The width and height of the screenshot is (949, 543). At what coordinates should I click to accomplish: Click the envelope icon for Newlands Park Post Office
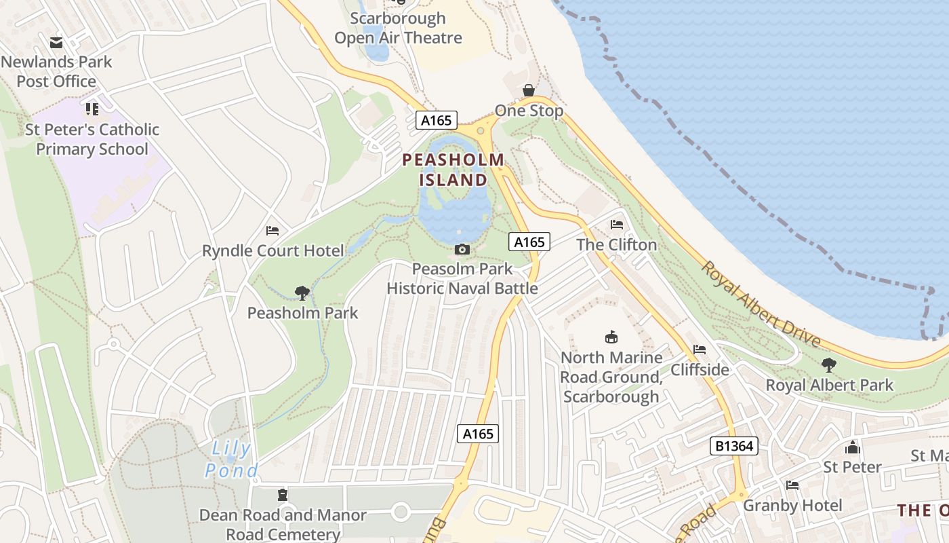56,43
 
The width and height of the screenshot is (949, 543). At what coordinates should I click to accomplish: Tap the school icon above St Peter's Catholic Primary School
92,109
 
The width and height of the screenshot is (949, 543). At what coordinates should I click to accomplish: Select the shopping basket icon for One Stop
529,90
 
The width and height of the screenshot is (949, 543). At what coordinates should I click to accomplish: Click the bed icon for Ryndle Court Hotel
272,231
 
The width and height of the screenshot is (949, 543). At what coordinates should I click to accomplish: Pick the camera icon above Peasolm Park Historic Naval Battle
462,249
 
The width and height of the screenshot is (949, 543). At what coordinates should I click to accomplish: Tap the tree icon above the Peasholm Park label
302,293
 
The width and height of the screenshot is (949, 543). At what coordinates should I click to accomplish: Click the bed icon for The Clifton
617,224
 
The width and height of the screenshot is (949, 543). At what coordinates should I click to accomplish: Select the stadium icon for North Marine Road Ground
611,337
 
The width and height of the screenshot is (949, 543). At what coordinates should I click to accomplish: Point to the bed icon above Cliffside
700,350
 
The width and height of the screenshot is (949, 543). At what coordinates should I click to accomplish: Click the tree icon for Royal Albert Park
829,365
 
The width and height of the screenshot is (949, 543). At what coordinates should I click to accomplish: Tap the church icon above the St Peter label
853,447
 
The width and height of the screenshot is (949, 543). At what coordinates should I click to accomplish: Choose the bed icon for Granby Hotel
792,485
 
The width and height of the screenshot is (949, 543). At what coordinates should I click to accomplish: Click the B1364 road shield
733,446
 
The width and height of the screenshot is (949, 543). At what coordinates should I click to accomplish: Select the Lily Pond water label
232,460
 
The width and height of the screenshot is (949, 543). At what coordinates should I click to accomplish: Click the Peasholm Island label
453,170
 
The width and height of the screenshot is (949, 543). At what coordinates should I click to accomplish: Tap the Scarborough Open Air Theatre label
399,28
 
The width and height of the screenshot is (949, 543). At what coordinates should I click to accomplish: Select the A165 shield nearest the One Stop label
436,120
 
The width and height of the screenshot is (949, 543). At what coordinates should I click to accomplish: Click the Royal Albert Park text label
830,385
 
